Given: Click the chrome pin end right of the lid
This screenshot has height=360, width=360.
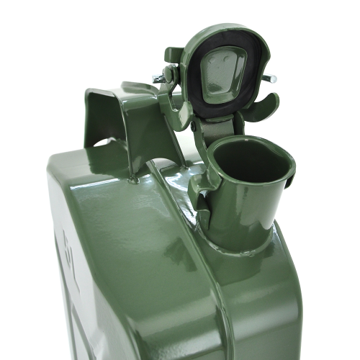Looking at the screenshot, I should [x=272, y=78].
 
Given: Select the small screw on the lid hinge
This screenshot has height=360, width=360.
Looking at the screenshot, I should [x=193, y=126].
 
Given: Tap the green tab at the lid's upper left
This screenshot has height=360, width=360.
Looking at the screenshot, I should [x=173, y=55].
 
